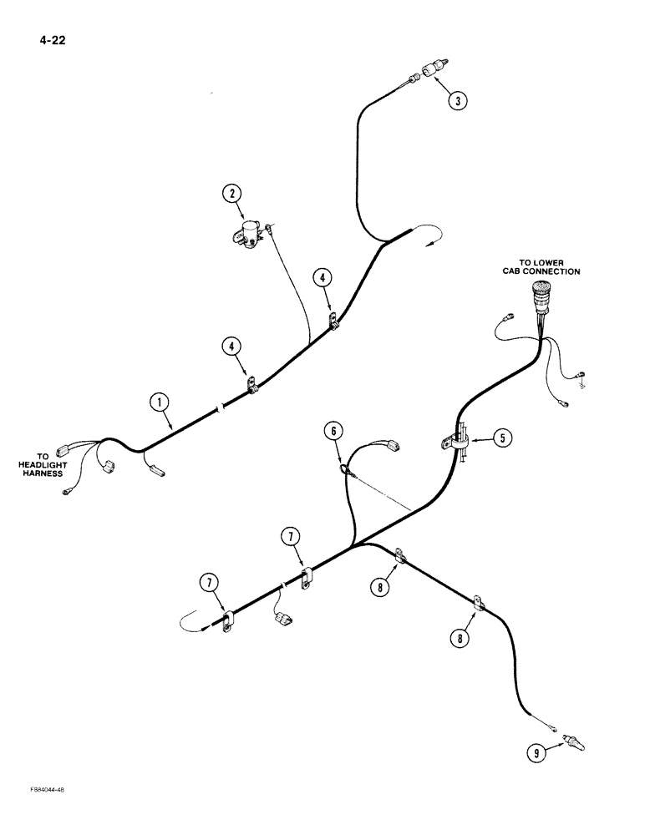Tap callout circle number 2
coord(232,195)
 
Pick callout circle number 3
coord(456,101)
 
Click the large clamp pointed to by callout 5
coord(455,438)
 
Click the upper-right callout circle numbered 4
coord(322,277)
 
